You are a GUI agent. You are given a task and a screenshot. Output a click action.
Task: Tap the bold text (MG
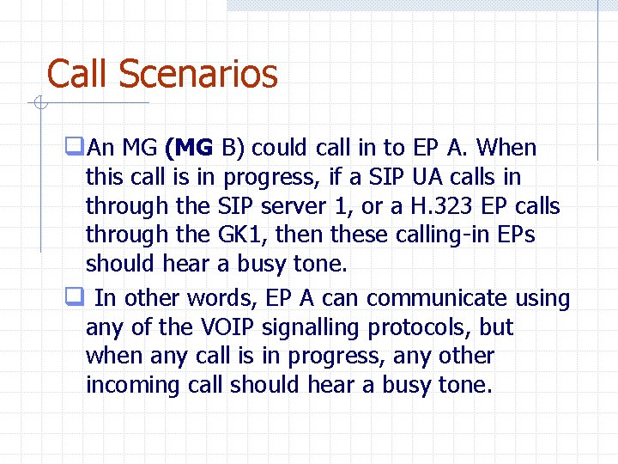[189, 148]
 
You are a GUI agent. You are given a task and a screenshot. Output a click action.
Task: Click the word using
[542, 298]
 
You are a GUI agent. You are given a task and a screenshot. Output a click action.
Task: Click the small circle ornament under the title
[39, 104]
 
